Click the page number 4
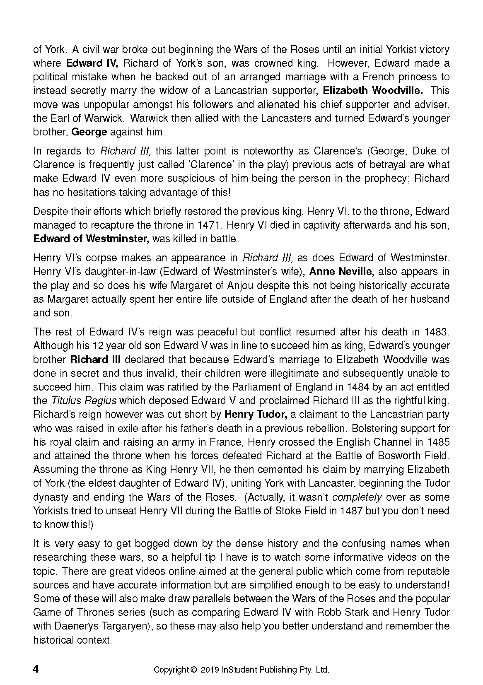tap(36, 669)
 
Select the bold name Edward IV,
tap(92, 63)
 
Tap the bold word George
tap(89, 132)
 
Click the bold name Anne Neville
tap(341, 272)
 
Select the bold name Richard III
tap(95, 359)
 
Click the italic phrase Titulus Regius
tap(84, 400)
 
